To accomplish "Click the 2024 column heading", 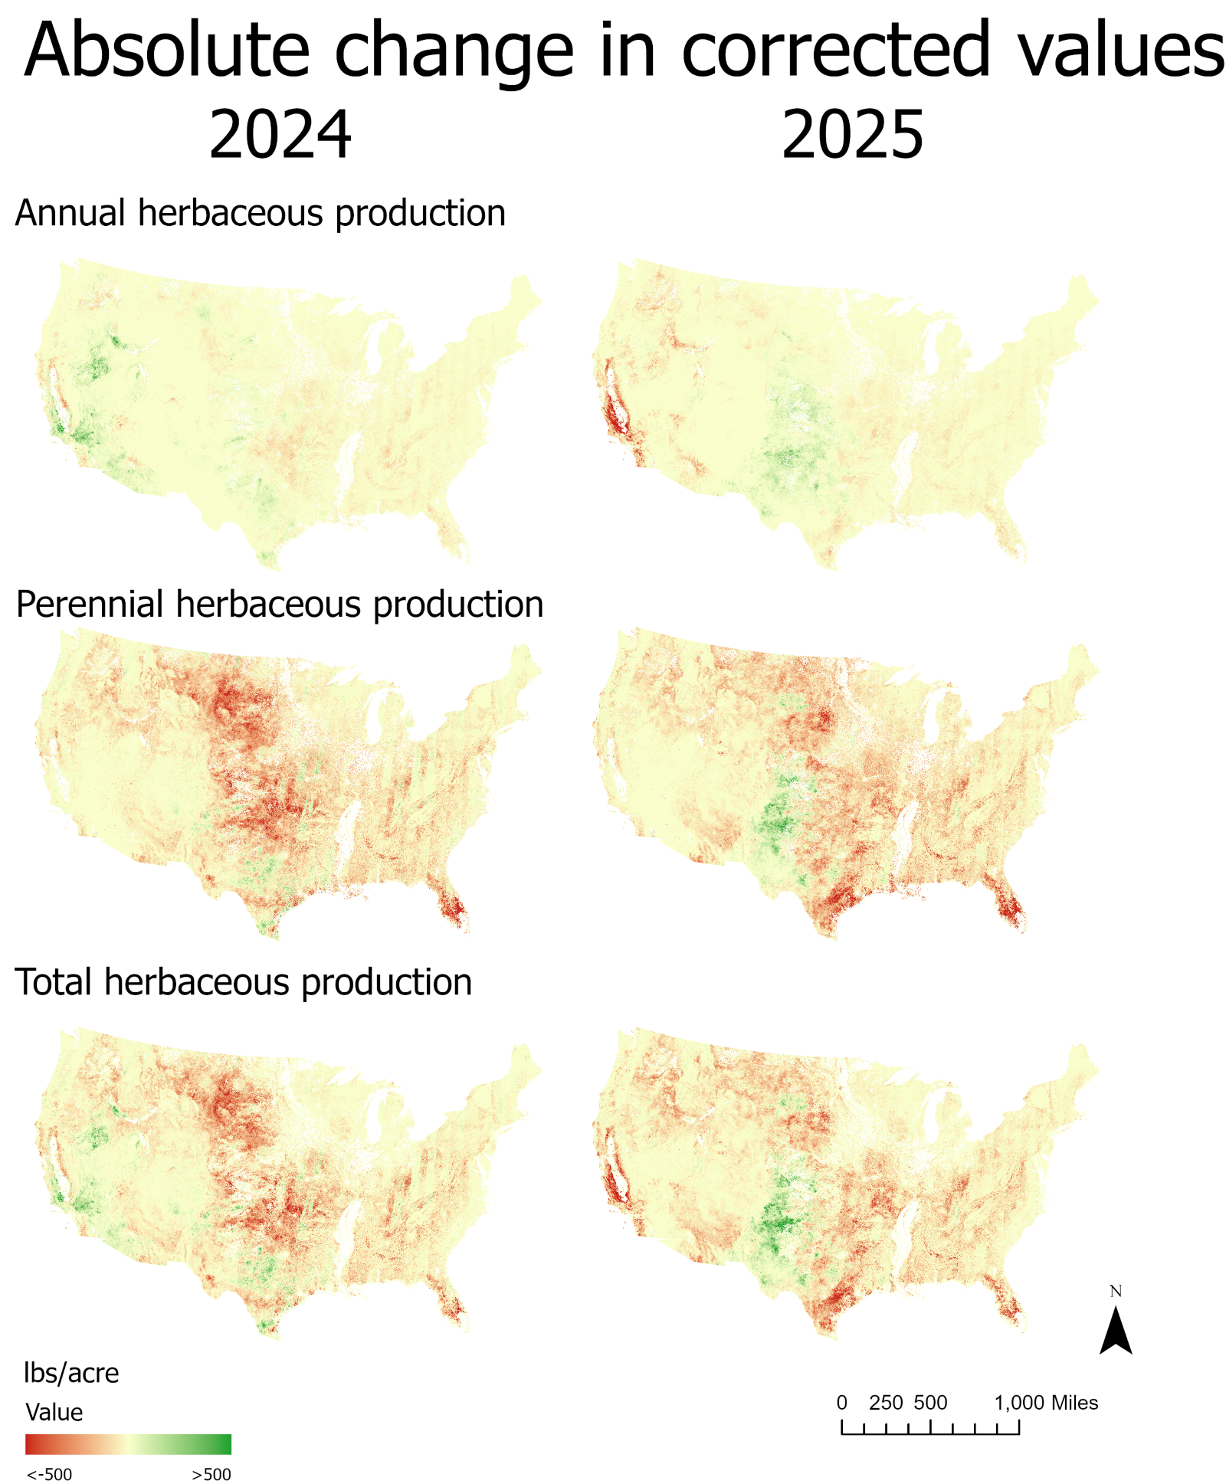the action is point(280,134).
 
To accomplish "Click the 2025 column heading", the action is point(852,134).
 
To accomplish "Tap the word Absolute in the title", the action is point(167,50).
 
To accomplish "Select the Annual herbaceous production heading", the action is point(261,213).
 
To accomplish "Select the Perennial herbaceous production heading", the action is point(280,604).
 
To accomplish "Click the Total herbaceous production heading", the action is point(244,982).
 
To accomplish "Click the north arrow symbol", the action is point(1116,1332).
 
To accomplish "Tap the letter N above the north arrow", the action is point(1116,1292).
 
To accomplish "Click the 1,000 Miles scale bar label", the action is point(1046,1403).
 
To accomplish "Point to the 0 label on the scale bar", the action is point(841,1403).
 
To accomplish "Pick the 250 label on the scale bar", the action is point(886,1403).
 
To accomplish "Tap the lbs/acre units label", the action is point(71,1374).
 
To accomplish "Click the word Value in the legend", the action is point(54,1412).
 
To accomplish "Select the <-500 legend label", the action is point(49,1475).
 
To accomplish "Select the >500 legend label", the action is point(211,1475).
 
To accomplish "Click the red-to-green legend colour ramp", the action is point(128,1444).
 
